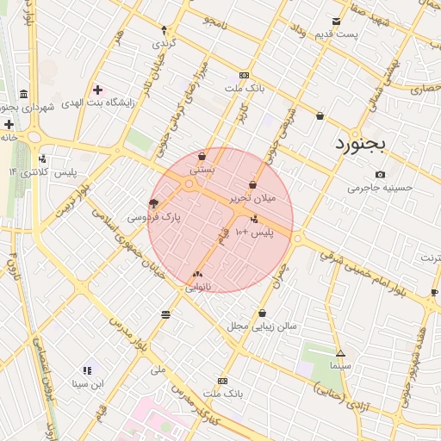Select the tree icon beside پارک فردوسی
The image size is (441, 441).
click(x=153, y=204)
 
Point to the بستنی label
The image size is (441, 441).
click(x=202, y=171)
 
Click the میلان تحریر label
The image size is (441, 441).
click(x=253, y=198)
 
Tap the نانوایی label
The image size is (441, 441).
click(x=197, y=287)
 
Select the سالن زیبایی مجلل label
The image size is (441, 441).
click(x=262, y=326)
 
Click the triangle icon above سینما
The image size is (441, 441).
click(x=340, y=353)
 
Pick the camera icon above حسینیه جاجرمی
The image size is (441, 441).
click(x=380, y=175)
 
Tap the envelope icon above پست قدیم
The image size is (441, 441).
click(x=336, y=22)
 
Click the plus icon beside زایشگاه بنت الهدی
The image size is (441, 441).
click(x=97, y=90)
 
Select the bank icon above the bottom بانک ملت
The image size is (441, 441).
click(x=223, y=381)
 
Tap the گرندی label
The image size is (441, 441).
click(x=165, y=42)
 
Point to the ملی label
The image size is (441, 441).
click(x=158, y=370)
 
